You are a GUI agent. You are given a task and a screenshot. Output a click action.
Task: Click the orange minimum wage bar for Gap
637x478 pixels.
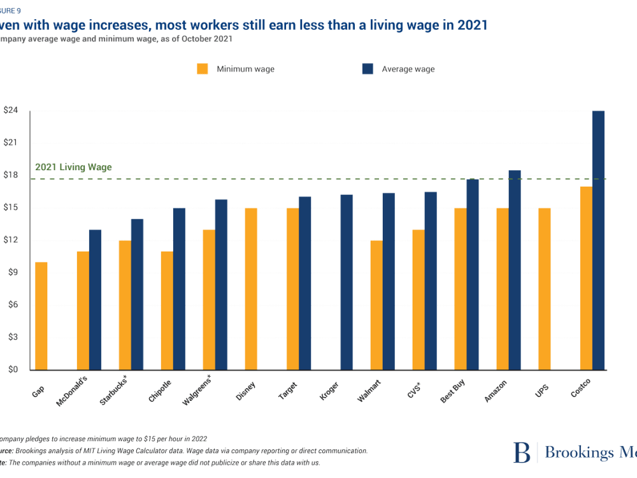[x=41, y=315]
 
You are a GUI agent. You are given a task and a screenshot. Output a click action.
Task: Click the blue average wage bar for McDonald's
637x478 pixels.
[x=95, y=300]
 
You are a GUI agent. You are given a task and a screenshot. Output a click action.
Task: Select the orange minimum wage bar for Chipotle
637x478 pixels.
[x=166, y=310]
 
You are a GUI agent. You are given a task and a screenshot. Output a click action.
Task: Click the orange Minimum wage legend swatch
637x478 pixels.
[x=203, y=69]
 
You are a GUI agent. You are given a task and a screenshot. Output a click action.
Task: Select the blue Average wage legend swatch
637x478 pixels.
[x=367, y=69]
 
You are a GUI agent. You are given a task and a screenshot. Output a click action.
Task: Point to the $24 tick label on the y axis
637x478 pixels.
[x=11, y=110]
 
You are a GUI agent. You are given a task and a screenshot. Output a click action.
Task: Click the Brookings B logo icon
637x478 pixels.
[x=522, y=452]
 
